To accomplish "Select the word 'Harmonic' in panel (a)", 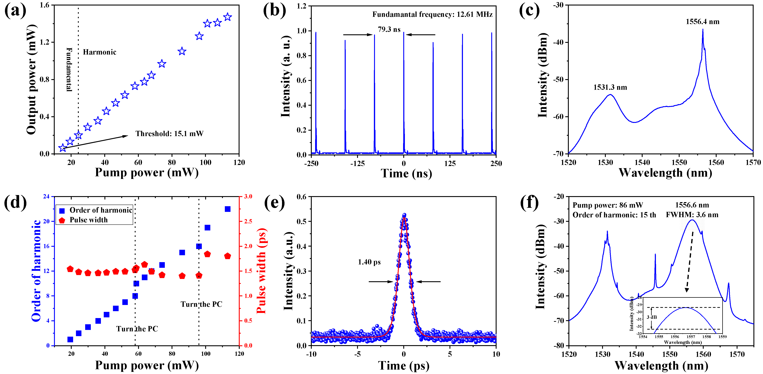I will pyautogui.click(x=99, y=52).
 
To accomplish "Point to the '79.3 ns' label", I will pyautogui.click(x=389, y=29).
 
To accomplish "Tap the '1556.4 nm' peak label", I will pyautogui.click(x=702, y=22).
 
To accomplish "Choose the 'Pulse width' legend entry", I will pyautogui.click(x=88, y=220).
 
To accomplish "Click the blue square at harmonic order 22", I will pyautogui.click(x=227, y=209).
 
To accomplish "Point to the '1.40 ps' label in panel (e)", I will pyautogui.click(x=369, y=262).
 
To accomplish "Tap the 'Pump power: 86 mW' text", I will pyautogui.click(x=608, y=205).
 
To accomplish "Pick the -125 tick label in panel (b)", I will pyautogui.click(x=357, y=163).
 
